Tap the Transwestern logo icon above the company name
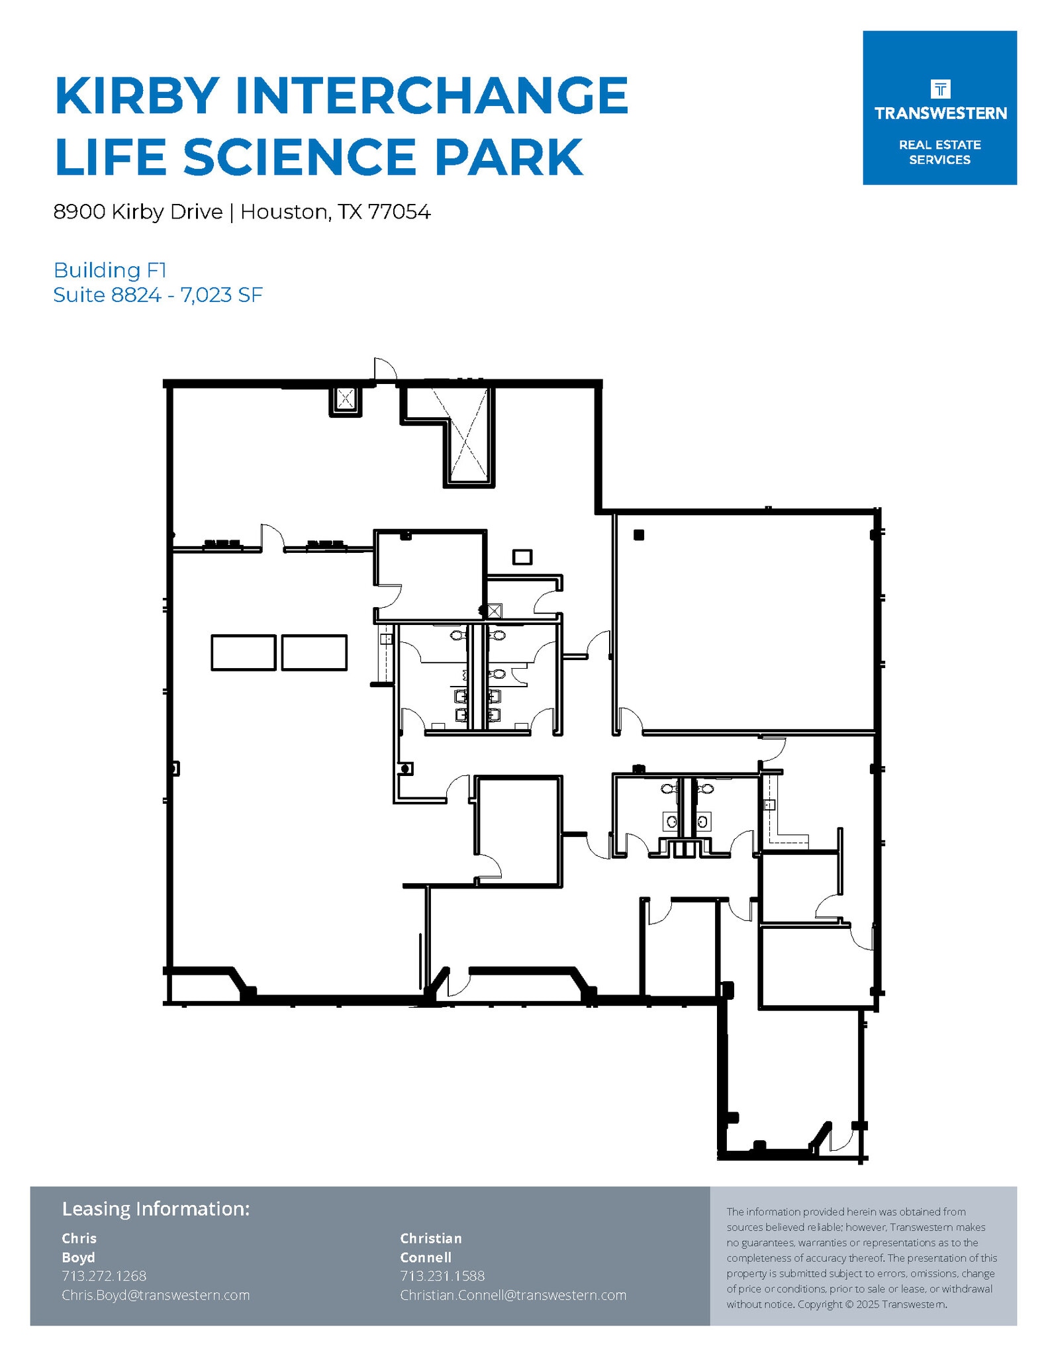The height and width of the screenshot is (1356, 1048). [x=939, y=89]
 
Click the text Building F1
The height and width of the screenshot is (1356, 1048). [x=109, y=270]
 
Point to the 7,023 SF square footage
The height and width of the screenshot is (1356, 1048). [x=221, y=295]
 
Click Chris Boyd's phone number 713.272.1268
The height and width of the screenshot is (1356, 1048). [x=104, y=1276]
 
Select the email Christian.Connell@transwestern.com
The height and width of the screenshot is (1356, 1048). [x=512, y=1295]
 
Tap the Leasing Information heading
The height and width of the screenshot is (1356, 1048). [x=156, y=1209]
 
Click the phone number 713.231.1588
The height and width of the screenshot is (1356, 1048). [x=442, y=1276]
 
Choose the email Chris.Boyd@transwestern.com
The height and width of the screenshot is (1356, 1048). [x=156, y=1295]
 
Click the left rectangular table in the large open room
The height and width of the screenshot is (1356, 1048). [x=243, y=653]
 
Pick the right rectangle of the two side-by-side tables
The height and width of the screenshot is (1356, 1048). [x=314, y=653]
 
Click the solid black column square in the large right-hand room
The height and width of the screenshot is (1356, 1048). [x=638, y=535]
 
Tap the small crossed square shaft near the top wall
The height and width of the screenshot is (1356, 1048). [x=346, y=399]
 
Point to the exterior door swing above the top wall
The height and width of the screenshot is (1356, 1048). [x=385, y=369]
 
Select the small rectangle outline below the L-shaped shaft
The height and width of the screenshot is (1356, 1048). [x=522, y=557]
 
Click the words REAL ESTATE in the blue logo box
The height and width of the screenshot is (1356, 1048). [x=939, y=145]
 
